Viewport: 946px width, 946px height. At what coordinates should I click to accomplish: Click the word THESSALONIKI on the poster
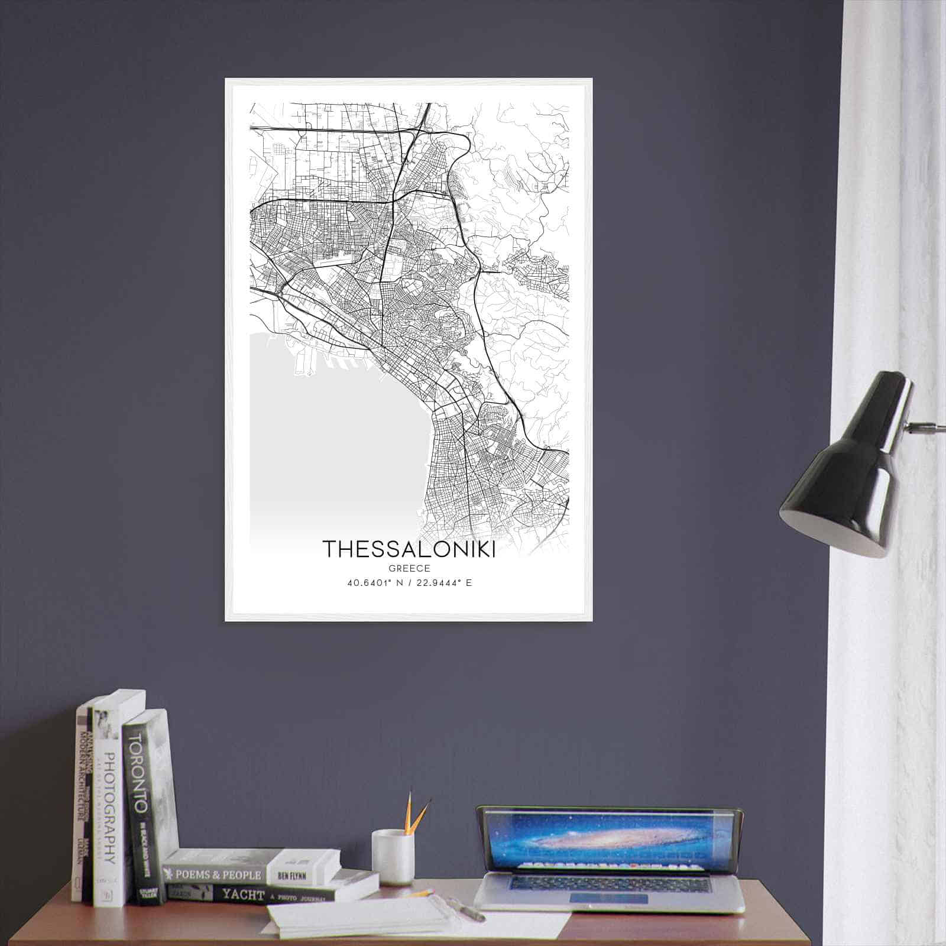[x=409, y=548]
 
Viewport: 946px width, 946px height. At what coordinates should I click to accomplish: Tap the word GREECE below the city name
[x=409, y=568]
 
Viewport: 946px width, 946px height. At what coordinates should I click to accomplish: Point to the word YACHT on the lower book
[x=243, y=895]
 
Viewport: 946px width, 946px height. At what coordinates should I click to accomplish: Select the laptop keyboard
[x=609, y=883]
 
